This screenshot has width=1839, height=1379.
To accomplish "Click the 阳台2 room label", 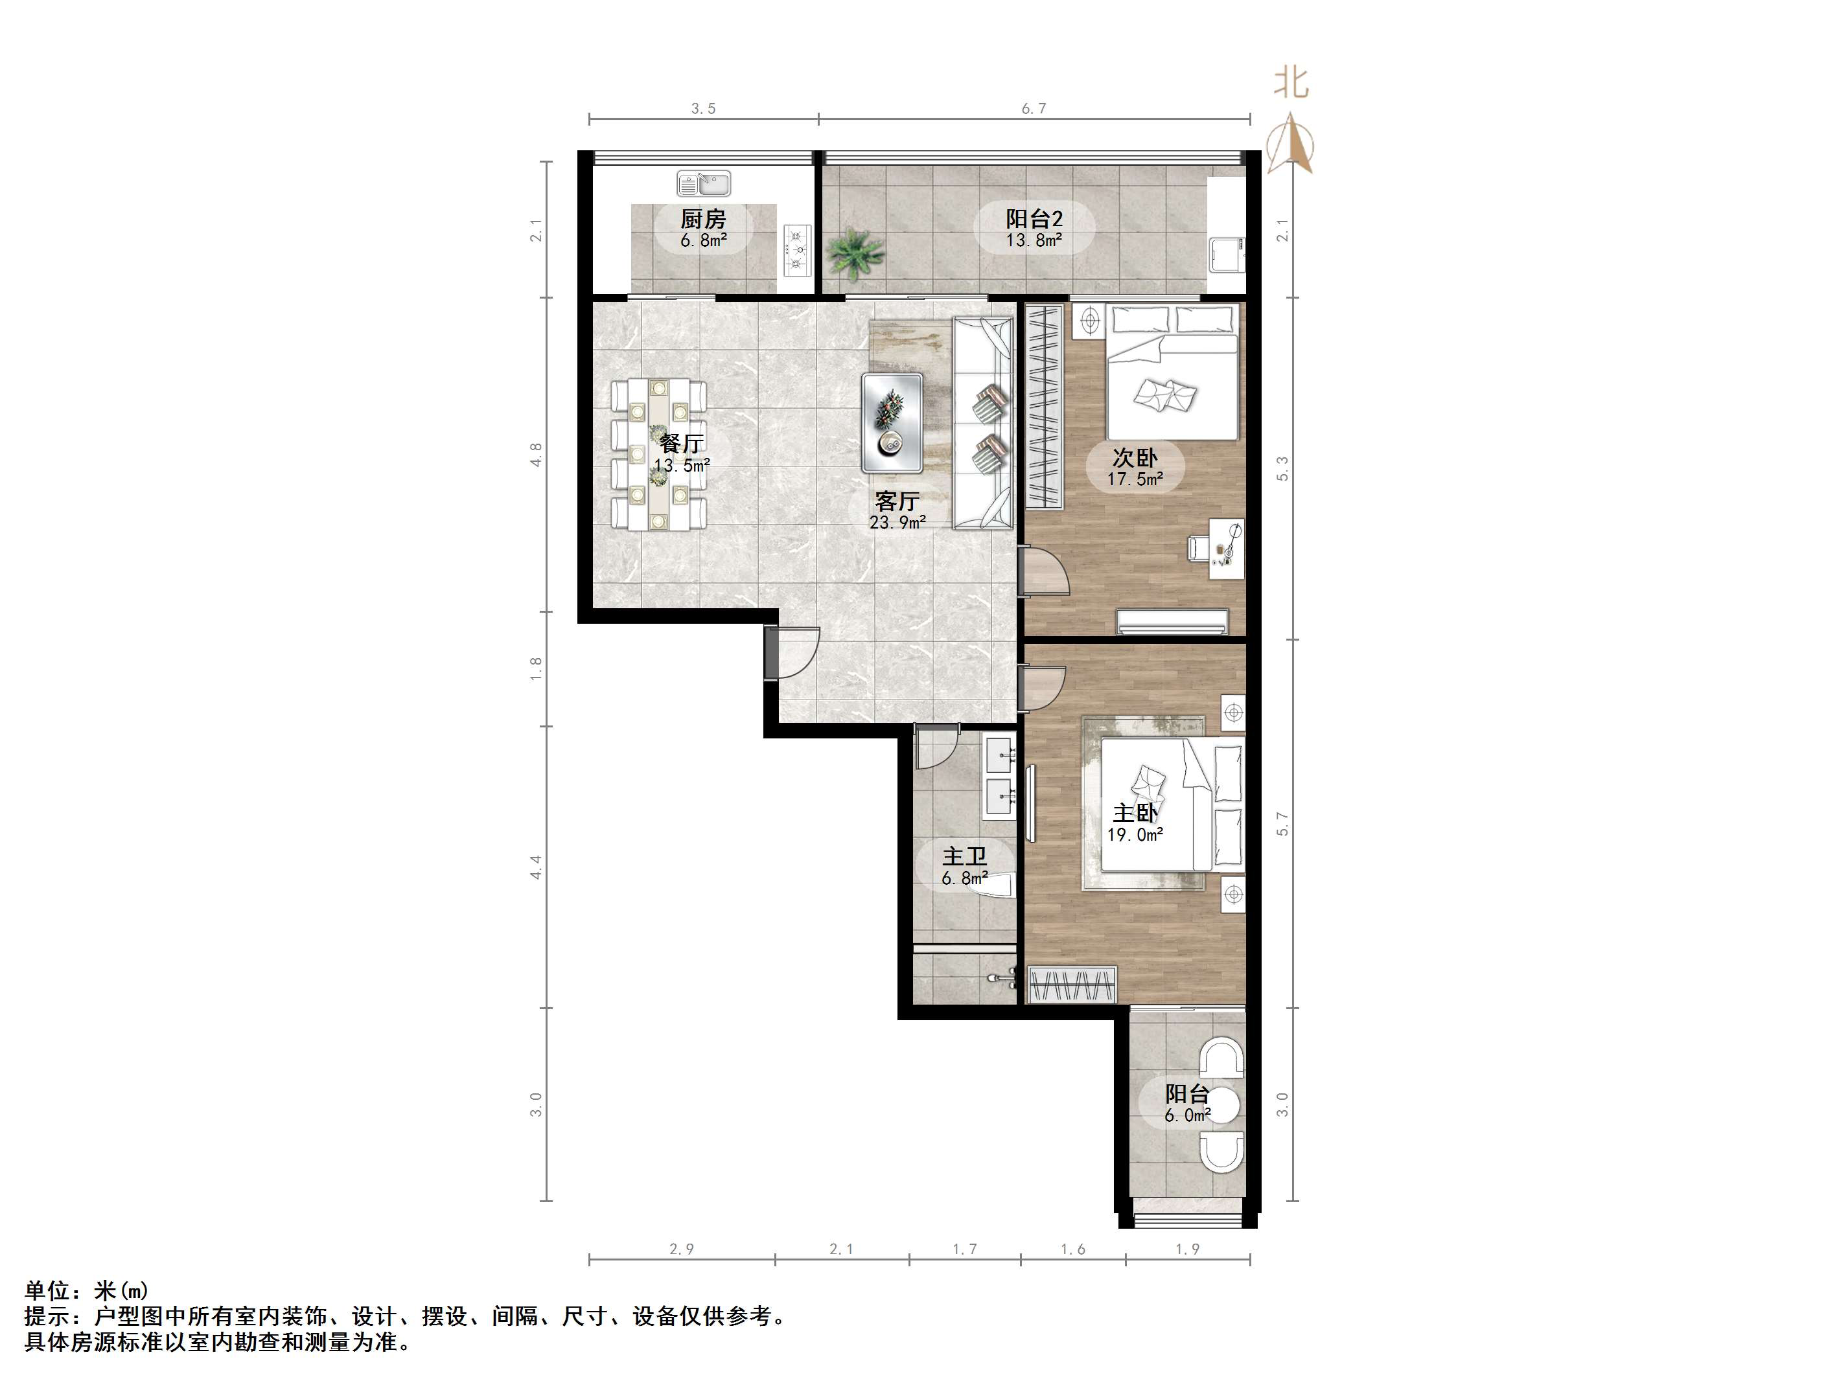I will tap(1034, 220).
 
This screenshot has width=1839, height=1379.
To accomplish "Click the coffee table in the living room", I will tap(892, 422).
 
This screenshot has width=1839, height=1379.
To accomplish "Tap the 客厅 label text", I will tap(897, 501).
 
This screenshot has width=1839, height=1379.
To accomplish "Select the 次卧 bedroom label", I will tap(1135, 458).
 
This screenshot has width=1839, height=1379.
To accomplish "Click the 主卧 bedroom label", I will tap(1135, 813).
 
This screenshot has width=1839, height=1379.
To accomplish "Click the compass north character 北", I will tap(1291, 83).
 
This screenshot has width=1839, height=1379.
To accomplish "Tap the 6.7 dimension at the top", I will tap(1034, 109).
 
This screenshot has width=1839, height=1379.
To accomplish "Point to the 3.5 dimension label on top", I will tap(703, 109).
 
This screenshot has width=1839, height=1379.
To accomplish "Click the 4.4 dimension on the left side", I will tap(537, 867).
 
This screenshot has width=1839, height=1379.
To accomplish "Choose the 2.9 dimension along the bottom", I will tap(682, 1249).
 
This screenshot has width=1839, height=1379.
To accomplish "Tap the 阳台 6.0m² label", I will tap(1186, 1103).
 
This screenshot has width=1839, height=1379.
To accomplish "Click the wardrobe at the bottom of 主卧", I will tap(1072, 985).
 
